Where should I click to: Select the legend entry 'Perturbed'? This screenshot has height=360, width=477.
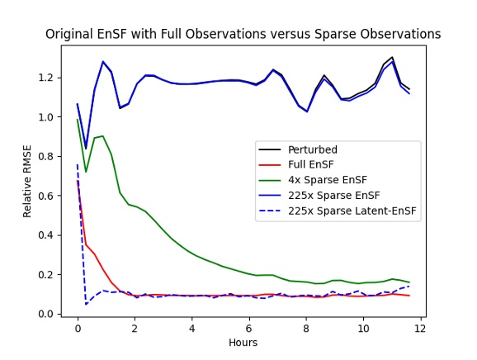pos(312,149)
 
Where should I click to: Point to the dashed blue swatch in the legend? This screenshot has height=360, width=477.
pos(271,211)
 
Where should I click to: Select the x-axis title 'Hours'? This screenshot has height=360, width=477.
pos(243,342)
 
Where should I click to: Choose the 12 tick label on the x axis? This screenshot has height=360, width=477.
pos(420,328)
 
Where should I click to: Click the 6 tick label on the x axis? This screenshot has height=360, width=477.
pos(248,328)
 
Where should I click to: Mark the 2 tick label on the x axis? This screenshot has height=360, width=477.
pos(135,328)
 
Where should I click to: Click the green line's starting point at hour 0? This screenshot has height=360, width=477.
pos(78,120)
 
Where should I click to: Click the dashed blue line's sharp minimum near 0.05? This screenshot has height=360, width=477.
pos(86,304)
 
